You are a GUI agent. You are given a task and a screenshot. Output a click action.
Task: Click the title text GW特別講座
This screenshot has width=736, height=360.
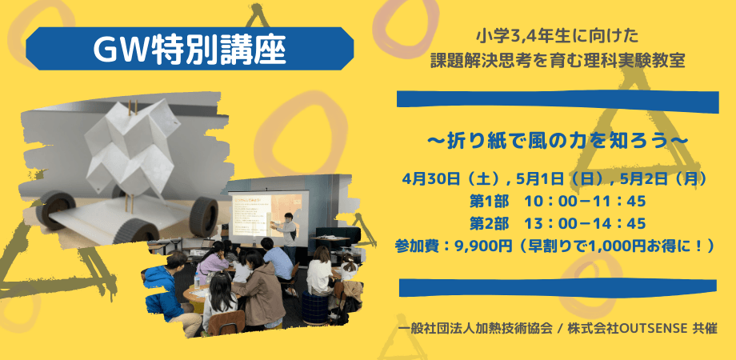pos(190,50)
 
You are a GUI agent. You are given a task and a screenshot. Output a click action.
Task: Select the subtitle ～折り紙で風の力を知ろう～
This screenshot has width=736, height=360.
pos(558,140)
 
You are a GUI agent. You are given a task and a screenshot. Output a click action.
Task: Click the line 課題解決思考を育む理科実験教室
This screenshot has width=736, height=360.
pos(558,61)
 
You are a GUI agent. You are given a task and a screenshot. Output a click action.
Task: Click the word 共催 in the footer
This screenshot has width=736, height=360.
pos(705,329)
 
